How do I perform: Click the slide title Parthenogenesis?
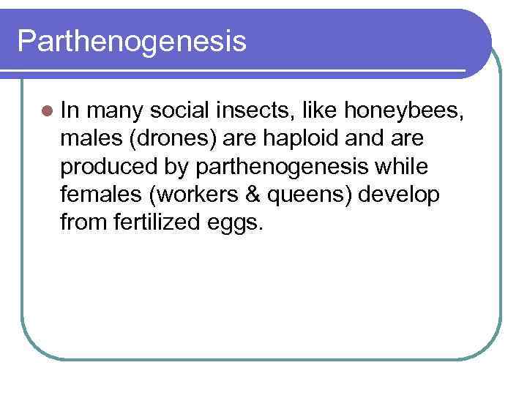point(132,42)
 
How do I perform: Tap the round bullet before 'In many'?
point(48,111)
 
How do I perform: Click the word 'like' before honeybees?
point(318,110)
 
